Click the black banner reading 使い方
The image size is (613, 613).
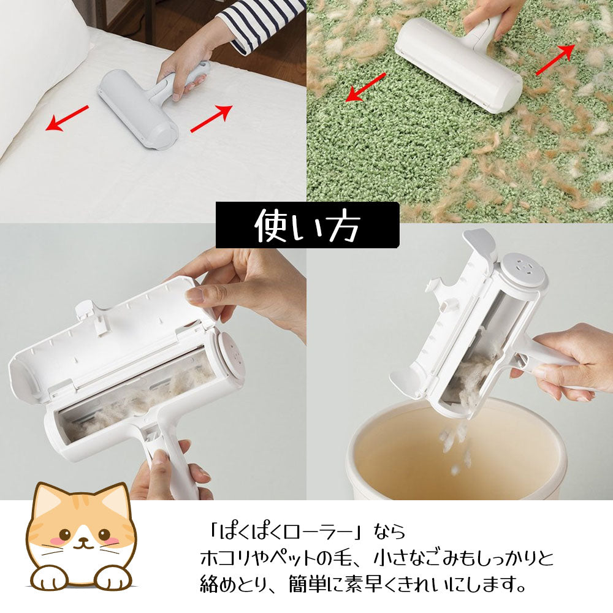[307, 225]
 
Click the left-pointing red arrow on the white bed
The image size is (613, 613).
[68, 118]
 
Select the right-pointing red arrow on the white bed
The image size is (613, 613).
[211, 118]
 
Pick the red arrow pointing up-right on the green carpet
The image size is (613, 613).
[555, 60]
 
